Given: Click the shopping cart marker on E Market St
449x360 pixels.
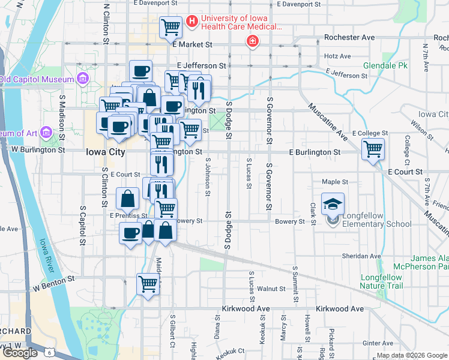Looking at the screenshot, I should tap(171, 27).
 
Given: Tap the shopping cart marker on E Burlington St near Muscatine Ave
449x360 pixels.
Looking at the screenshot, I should tap(373, 148).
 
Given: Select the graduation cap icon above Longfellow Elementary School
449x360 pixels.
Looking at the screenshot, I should tap(333, 204).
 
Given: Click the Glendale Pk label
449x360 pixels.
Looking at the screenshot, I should tap(385, 65).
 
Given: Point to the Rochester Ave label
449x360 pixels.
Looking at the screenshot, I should tap(349, 37).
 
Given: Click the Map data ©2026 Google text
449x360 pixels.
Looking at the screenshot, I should tap(411, 355).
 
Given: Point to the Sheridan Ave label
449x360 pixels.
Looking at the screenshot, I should tap(360, 256).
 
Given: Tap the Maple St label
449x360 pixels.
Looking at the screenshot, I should tap(335, 182).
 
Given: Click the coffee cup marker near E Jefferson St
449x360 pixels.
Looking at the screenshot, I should tap(140, 71).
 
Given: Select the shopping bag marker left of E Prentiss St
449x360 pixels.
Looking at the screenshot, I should tap(128, 198).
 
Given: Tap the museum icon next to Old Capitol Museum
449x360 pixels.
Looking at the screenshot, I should tap(82, 79).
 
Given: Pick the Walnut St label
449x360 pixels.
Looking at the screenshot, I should tap(271, 289).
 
